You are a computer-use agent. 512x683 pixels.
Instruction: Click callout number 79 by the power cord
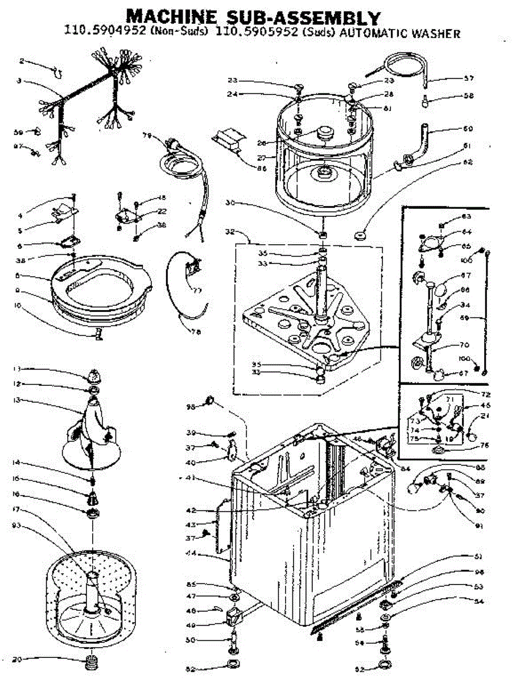coord(147,135)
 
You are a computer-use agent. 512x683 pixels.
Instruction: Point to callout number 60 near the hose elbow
coord(468,128)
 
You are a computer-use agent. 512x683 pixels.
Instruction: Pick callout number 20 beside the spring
coord(18,660)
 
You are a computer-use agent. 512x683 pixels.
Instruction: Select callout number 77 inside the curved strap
coord(197,290)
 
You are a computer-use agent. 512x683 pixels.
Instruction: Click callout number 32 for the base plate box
coord(230,232)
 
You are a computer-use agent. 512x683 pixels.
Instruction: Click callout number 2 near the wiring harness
coord(22,61)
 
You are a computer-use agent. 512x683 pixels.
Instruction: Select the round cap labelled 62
coord(360,234)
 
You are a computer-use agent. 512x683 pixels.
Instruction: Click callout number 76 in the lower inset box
coord(484,446)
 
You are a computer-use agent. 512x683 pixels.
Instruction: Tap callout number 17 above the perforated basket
coord(18,509)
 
